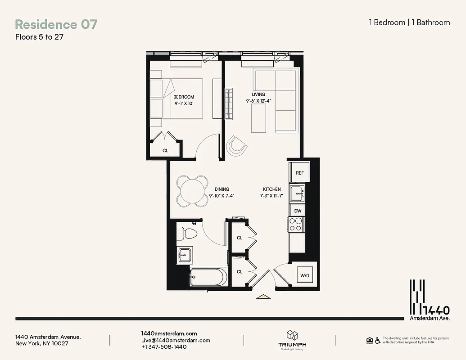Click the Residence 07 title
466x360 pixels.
click(x=56, y=24)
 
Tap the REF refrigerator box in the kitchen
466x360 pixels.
click(x=299, y=173)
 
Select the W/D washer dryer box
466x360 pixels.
click(x=305, y=275)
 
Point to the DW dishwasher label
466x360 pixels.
click(x=298, y=211)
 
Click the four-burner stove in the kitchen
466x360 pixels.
click(x=295, y=225)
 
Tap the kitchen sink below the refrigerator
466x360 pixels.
click(x=297, y=193)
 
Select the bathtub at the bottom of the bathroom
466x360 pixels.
click(x=208, y=277)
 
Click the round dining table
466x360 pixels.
click(x=192, y=190)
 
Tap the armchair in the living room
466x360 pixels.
click(x=237, y=145)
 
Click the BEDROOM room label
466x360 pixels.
click(x=184, y=97)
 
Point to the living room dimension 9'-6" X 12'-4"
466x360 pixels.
click(x=258, y=101)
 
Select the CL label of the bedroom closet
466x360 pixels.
click(x=165, y=151)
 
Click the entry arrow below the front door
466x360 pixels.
click(x=262, y=296)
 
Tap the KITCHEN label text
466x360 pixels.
click(x=272, y=189)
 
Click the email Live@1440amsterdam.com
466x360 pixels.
click(x=176, y=340)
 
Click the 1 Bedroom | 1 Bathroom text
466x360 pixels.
click(x=409, y=22)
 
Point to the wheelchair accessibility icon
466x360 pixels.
click(x=377, y=340)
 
